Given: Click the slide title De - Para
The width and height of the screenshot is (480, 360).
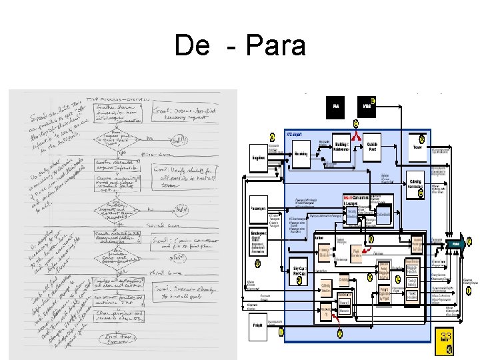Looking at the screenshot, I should click(240, 46).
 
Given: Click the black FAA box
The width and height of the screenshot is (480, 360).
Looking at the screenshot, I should click(336, 105).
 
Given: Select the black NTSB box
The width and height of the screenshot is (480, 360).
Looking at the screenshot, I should click(366, 105).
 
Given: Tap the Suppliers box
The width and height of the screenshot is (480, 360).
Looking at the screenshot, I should click(257, 158).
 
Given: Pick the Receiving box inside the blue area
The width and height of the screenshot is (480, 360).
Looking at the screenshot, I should click(301, 154).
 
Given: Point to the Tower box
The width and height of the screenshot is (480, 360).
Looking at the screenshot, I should click(418, 147).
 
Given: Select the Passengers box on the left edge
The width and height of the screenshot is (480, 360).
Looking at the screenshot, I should click(258, 208).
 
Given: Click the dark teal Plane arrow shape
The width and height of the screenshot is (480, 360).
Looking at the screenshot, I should click(456, 244).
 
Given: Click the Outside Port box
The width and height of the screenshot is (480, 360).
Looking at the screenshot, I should click(373, 147).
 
